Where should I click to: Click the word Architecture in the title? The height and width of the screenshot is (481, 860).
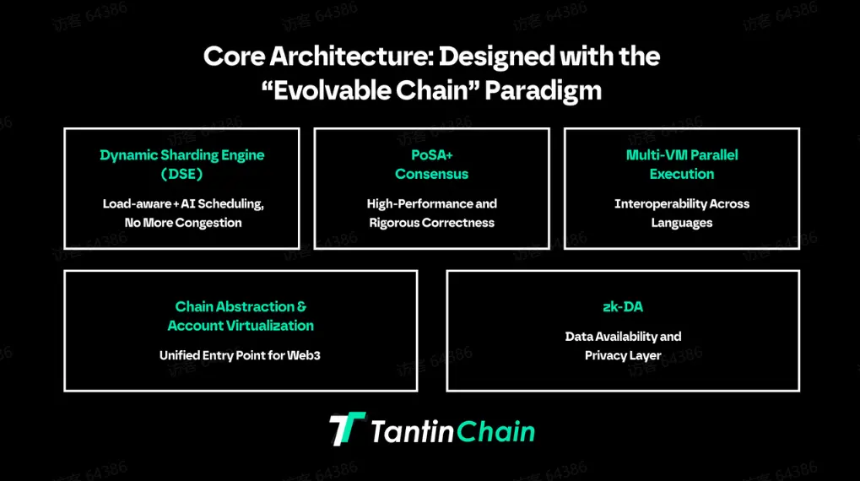tap(351, 57)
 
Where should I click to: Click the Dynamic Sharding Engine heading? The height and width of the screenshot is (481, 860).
tap(182, 155)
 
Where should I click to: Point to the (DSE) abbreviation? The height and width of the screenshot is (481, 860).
tap(182, 174)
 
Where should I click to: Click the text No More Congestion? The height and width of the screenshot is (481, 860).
tap(182, 223)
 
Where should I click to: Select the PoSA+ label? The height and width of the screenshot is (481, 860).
tap(432, 155)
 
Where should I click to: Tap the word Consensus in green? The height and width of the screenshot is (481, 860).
tap(431, 174)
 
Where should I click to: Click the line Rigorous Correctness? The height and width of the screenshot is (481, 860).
tap(431, 223)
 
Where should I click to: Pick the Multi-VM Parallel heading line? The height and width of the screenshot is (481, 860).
tap(682, 155)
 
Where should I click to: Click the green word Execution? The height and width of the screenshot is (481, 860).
tap(682, 174)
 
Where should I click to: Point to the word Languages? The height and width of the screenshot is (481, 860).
tap(682, 224)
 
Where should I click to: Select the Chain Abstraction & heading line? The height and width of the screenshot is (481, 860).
tap(241, 306)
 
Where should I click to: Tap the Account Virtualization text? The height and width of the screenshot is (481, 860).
tap(241, 326)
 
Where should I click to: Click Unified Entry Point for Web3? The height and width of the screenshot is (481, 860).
tap(240, 355)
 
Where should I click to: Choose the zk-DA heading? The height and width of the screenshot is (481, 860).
tap(623, 306)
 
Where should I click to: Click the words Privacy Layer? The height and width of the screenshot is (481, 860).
tap(623, 356)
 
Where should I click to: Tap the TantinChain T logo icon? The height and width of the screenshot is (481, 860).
tap(347, 429)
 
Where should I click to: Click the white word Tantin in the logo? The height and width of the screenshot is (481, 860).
tap(413, 431)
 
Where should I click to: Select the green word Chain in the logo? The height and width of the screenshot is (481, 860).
tap(495, 431)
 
